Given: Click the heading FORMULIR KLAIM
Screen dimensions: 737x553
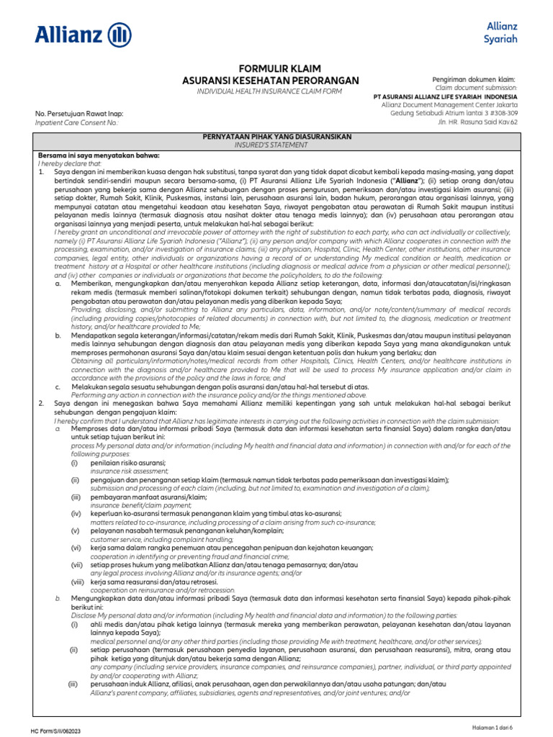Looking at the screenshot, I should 269,67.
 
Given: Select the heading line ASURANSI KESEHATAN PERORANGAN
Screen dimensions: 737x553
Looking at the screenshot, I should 269,81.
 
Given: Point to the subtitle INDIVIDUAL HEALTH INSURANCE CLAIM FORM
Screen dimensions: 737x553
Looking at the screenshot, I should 269,91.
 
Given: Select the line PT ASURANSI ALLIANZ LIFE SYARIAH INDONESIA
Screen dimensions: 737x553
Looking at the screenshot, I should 445,96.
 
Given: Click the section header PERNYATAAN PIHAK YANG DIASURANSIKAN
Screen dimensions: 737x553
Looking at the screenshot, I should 276,137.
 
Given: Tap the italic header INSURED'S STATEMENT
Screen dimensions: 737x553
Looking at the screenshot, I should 276,145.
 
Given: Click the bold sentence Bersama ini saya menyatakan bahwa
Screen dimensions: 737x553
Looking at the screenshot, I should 99,155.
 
